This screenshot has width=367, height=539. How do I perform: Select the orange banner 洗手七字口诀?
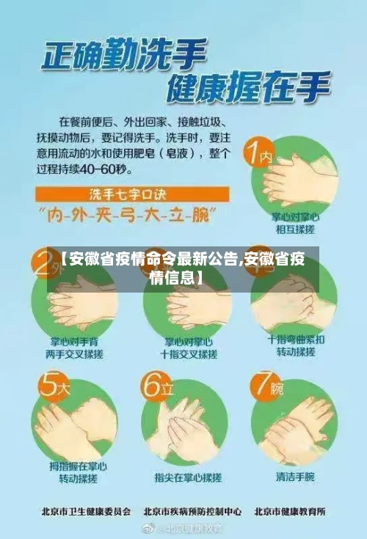(133, 194)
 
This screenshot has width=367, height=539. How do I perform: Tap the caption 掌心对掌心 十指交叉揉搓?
(188, 348)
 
